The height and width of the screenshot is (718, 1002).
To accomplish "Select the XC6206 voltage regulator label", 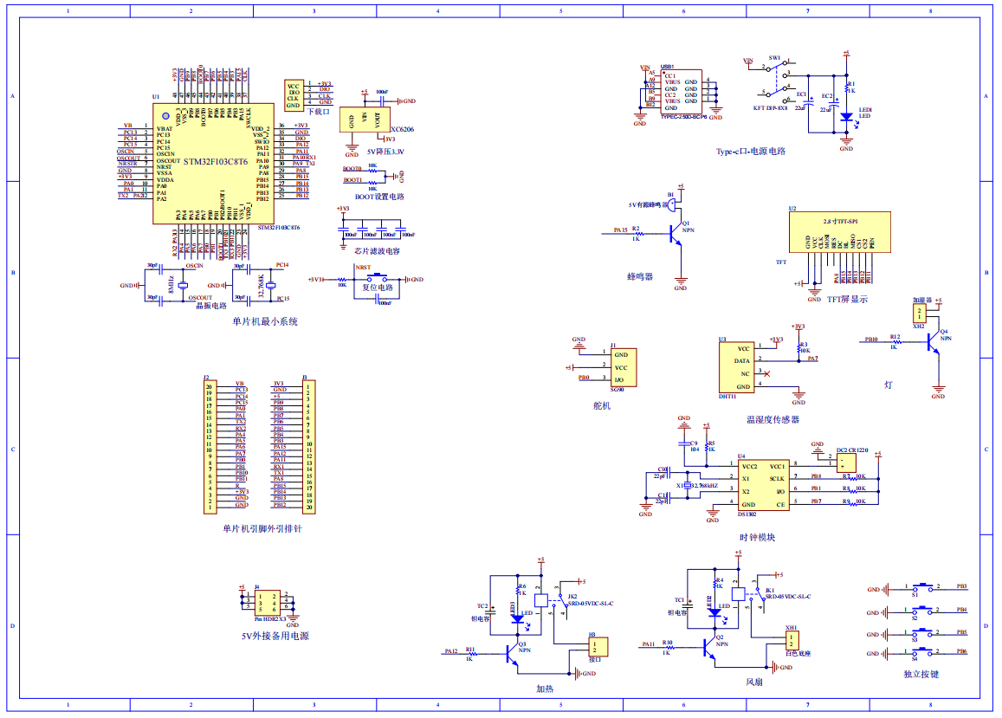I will click(403, 129).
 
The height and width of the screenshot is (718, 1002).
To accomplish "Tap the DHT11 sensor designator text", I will click(727, 397).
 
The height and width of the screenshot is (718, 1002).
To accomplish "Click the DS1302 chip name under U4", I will click(747, 514).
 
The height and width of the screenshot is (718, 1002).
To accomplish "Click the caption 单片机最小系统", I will click(264, 321).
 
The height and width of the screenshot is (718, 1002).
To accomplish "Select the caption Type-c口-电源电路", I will click(750, 151).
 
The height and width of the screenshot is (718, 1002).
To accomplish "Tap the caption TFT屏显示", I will click(846, 300).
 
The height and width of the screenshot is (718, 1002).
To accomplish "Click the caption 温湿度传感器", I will click(773, 419).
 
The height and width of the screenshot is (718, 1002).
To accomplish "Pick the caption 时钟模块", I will click(757, 537).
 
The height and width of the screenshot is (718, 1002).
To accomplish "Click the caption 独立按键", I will click(920, 674).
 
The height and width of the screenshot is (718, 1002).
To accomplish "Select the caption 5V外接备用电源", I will click(275, 637).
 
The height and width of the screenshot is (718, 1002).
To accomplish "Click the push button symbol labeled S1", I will click(924, 586).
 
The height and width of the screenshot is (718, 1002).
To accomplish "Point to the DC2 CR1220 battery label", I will click(858, 450).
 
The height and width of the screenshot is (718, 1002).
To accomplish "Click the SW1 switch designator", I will click(774, 58).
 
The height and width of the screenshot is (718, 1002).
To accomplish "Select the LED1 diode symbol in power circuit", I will click(846, 116).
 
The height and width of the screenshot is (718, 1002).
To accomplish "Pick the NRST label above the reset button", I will click(363, 268).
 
